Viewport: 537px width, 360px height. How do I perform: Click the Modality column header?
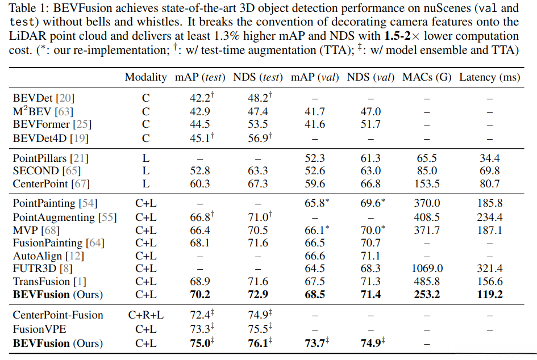coord(145,77)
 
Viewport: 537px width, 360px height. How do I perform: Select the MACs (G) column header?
coord(427,77)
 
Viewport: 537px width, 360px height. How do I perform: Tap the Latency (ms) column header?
coord(489,77)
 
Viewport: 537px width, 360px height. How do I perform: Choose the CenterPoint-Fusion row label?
coord(58,315)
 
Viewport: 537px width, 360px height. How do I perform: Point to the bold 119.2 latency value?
coord(490,294)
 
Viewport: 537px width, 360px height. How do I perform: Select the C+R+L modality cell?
coord(146,315)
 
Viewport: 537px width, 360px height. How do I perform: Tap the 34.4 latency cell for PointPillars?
coord(490,158)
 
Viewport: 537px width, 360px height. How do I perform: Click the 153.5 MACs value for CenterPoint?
coord(427,183)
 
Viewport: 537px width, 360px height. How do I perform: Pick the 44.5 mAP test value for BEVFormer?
coord(199,124)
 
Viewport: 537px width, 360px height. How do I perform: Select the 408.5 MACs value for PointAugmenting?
coord(427,217)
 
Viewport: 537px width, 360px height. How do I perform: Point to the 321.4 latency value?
coord(490,269)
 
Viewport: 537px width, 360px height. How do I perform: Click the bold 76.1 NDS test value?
coord(259,343)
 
